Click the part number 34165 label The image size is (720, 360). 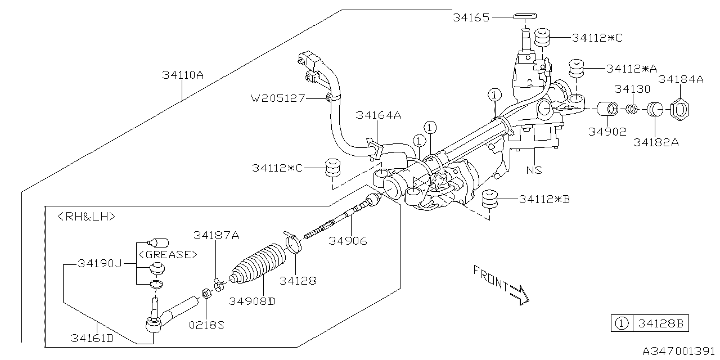(x=472, y=17)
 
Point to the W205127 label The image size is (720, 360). (x=278, y=98)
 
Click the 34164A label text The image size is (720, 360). (x=378, y=115)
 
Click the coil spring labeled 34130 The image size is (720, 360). (x=632, y=107)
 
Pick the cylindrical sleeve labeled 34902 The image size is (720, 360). (x=605, y=108)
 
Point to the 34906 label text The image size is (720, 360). (x=348, y=241)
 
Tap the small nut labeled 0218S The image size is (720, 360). (x=206, y=293)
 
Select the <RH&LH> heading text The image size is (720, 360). (x=87, y=216)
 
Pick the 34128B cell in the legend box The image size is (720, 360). (x=660, y=323)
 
